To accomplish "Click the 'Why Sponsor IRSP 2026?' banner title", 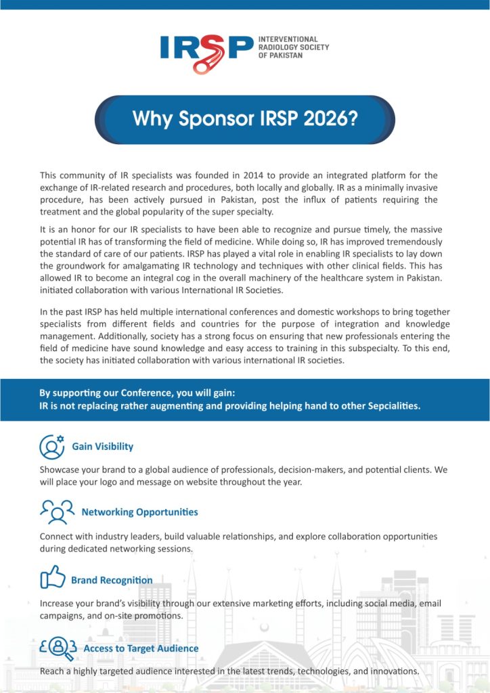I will pos(245,119).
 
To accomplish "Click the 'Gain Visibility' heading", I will pos(102,447).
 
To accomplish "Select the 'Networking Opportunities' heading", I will pos(139,512).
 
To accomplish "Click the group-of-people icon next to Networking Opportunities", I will pos(57,512).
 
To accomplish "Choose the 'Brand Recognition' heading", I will pos(112,580).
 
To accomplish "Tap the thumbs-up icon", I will pos(52,579).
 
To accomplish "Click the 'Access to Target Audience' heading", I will pos(141,648).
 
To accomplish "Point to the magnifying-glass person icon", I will pos(58,648).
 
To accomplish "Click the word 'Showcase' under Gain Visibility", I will pos(60,469).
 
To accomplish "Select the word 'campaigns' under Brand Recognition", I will pos(62,616).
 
